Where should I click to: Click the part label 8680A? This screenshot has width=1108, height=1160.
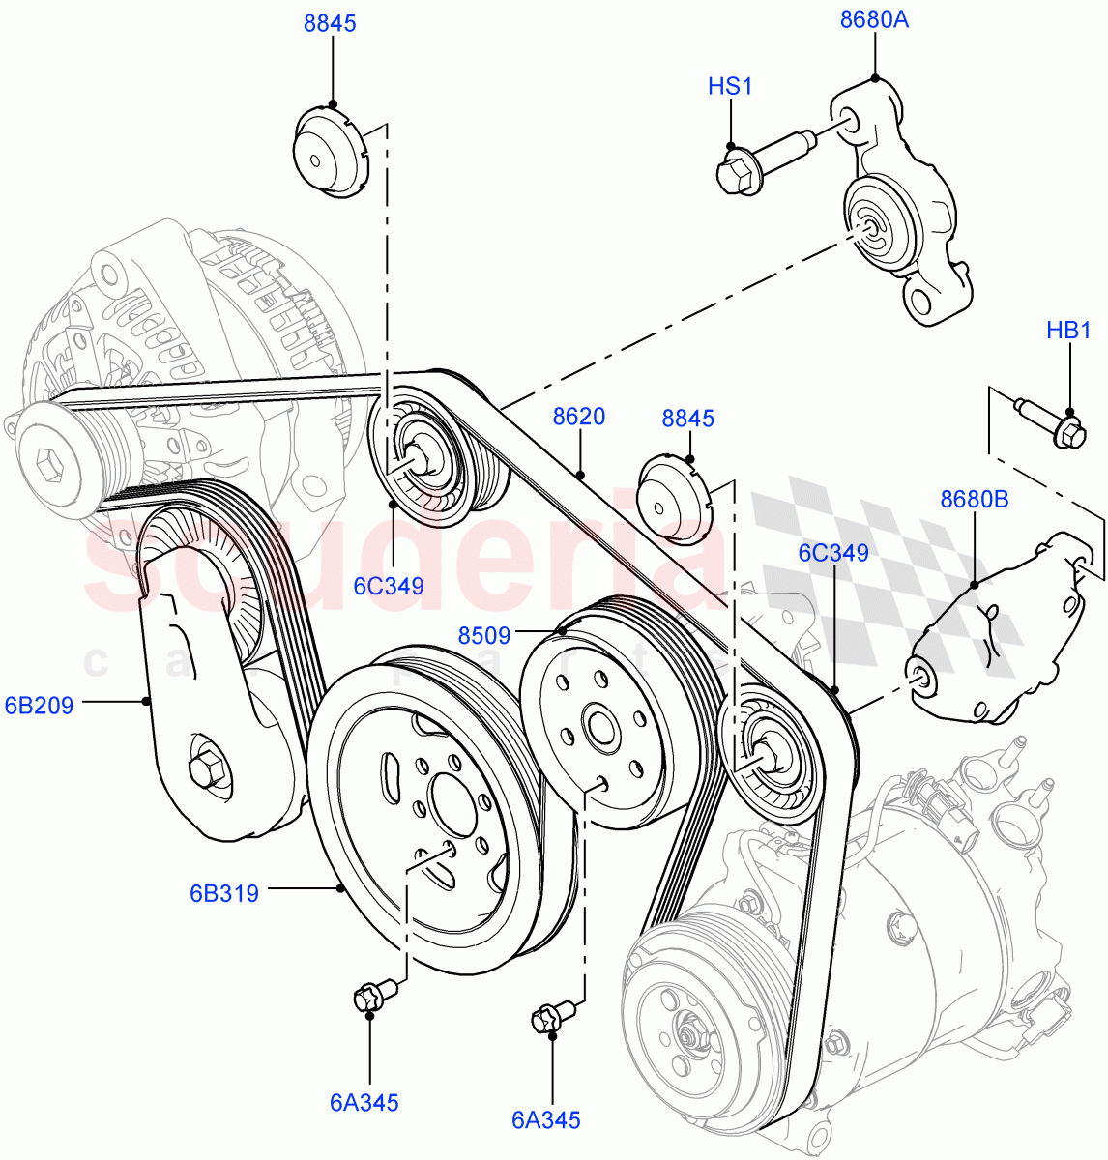874,20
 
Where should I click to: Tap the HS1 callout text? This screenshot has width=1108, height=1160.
730,87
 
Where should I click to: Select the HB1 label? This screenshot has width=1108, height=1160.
1068,331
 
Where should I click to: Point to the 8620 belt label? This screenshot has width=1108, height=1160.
579,418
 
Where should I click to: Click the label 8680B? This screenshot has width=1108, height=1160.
974,500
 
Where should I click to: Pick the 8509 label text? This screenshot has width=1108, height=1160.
484,635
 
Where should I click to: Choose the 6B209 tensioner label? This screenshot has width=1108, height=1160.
39,706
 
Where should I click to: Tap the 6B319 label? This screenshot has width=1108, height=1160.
224,893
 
